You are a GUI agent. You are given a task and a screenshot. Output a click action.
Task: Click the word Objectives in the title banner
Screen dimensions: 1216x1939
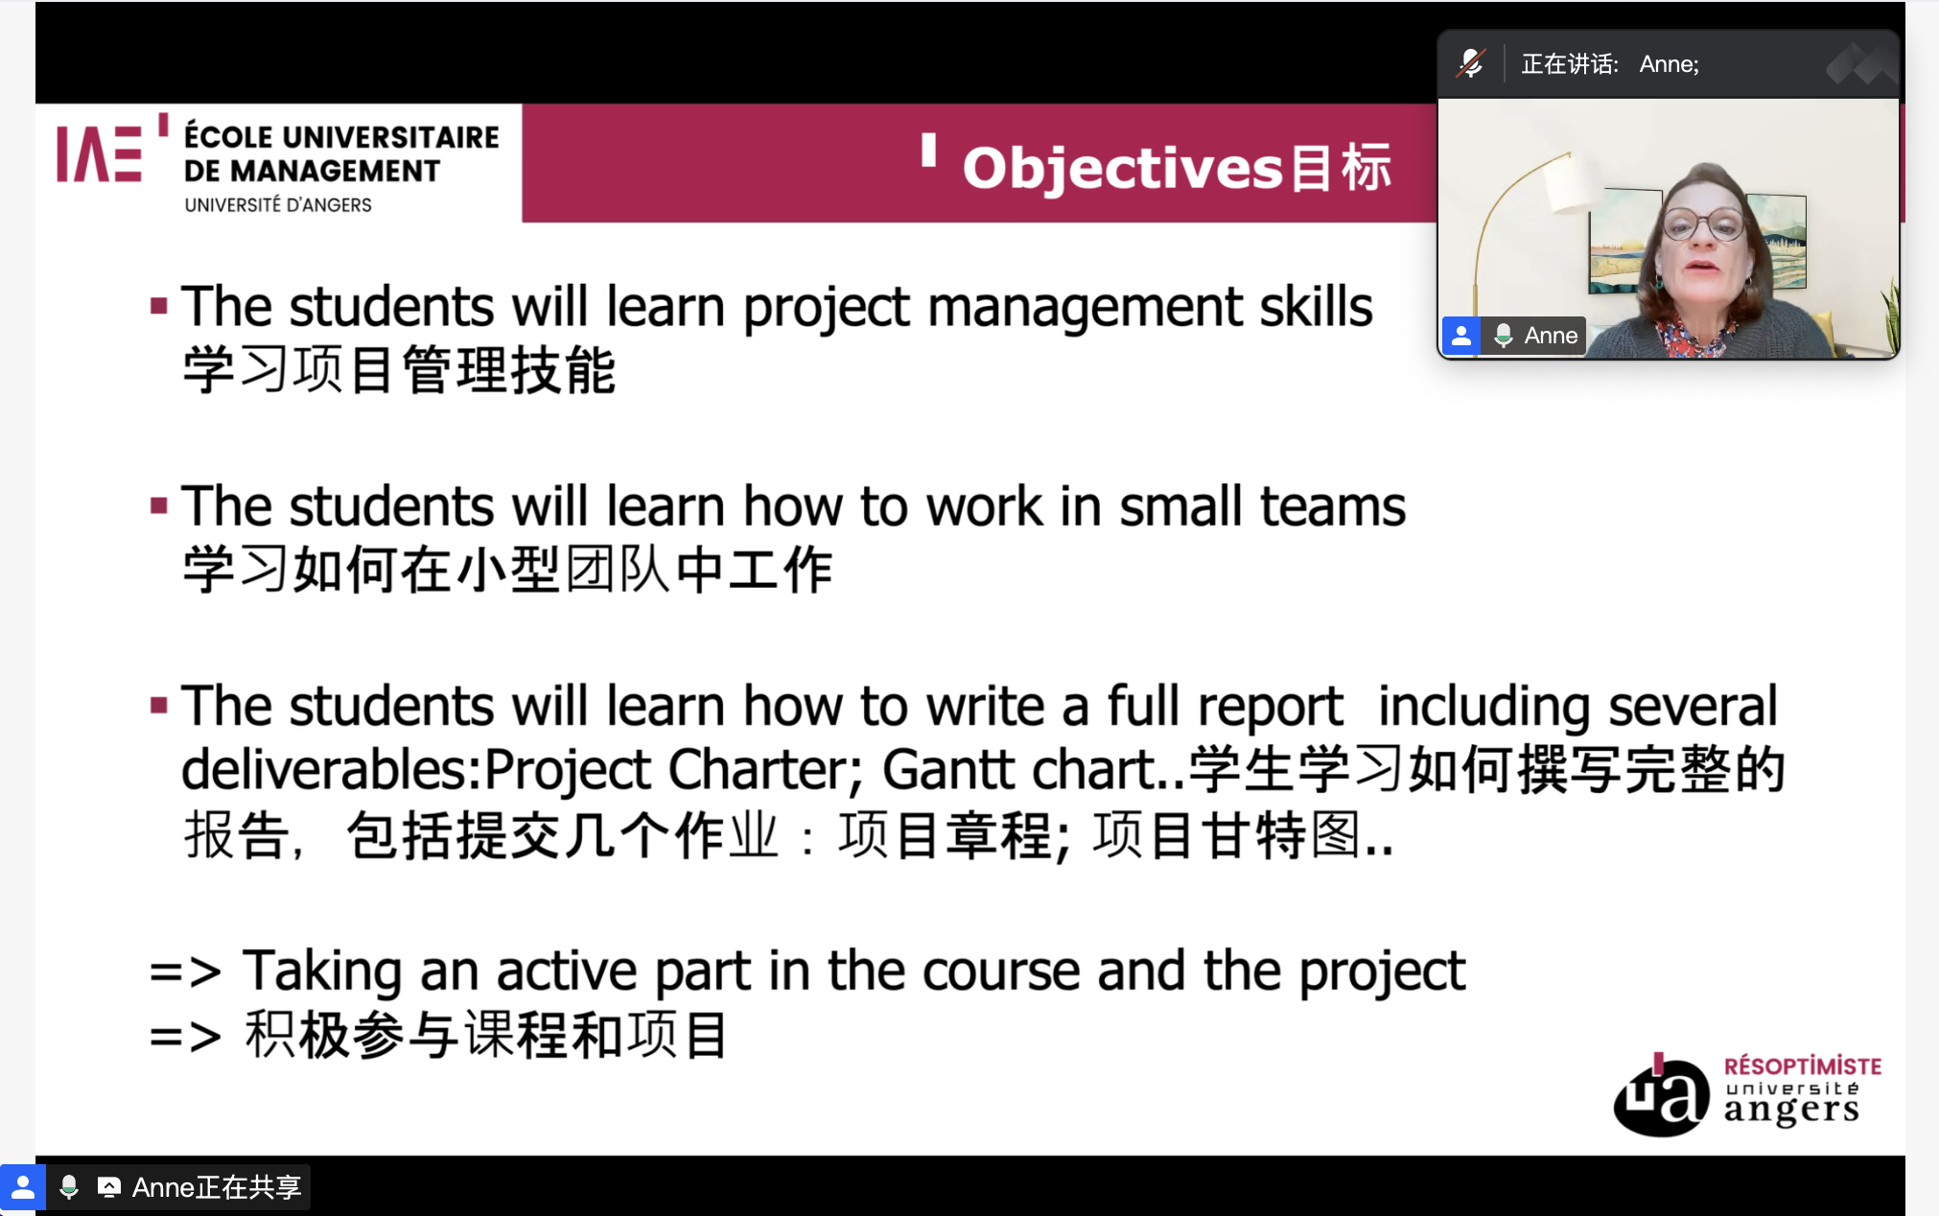[x=1122, y=168]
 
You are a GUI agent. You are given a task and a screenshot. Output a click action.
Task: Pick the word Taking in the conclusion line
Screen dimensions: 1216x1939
[x=321, y=970]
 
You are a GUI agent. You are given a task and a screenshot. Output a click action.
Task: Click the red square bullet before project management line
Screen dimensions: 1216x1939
[x=159, y=307]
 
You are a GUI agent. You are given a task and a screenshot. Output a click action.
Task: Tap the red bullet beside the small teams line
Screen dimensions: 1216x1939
[x=159, y=505]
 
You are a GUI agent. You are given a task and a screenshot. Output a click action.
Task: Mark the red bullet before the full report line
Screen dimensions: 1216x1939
[x=159, y=707]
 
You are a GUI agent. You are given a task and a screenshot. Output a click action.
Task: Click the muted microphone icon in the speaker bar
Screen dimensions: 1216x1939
[x=1471, y=64]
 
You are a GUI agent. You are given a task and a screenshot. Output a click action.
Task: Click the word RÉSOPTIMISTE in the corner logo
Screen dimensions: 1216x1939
[x=1802, y=1066]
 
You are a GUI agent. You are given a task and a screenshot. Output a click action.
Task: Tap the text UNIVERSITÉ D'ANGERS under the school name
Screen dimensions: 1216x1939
[x=277, y=205]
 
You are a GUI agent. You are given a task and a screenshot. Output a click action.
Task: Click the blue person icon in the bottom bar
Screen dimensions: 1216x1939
[x=23, y=1188]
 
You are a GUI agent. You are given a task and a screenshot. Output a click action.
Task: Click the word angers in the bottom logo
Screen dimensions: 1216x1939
[x=1790, y=1111]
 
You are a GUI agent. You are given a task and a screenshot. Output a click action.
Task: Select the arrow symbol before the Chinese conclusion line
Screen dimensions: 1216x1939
[x=185, y=1037]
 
